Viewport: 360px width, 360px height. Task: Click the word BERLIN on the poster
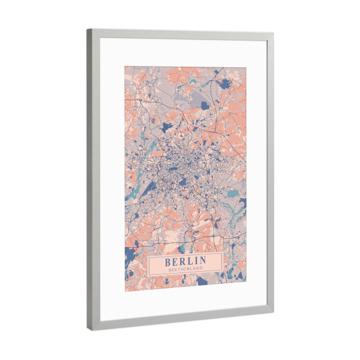185,260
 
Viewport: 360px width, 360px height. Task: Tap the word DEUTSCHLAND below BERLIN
185,268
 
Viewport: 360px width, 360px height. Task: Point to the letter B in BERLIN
168,260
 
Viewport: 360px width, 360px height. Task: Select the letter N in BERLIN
202,260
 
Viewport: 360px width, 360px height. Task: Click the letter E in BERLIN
175,260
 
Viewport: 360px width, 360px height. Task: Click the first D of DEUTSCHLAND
169,268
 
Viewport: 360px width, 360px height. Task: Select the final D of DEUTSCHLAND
201,268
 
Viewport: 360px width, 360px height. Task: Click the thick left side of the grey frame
93,180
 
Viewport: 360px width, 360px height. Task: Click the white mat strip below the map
186,303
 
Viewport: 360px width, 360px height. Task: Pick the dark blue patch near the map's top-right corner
226,84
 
